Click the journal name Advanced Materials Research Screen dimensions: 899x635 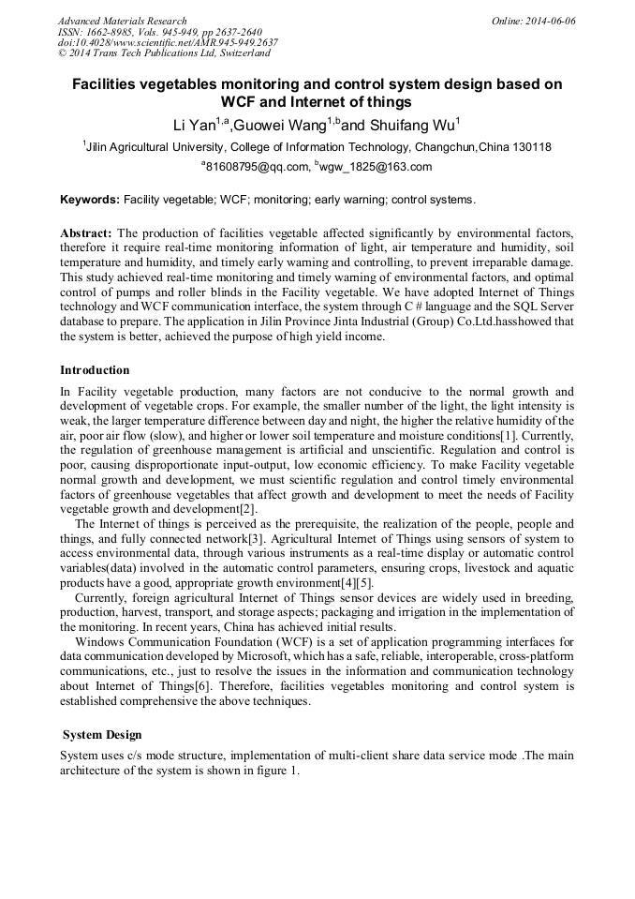click(122, 21)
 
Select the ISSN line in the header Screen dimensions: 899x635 click(159, 32)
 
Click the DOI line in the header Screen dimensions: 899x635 click(168, 43)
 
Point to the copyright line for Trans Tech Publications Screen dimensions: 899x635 click(164, 54)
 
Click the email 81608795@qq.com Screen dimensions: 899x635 click(255, 167)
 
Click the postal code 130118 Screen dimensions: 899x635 click(531, 147)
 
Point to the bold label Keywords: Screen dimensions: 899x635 click(90, 200)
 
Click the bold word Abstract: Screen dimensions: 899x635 click(86, 232)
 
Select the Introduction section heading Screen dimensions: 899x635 click(95, 370)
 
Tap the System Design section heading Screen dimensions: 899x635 click(102, 734)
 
